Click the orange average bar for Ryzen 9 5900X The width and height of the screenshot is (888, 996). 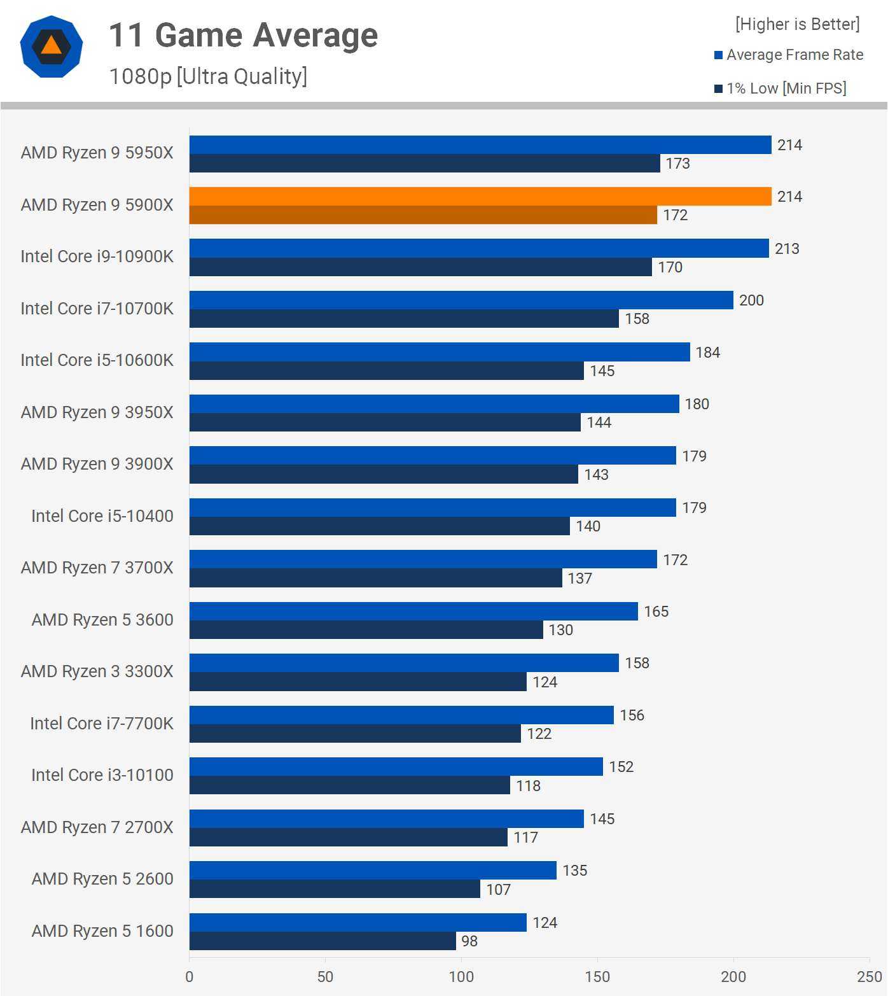[480, 197]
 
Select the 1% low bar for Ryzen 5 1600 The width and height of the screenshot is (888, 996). [323, 941]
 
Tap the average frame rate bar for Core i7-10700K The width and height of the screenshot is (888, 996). [461, 300]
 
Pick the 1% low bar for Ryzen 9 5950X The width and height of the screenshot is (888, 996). [424, 164]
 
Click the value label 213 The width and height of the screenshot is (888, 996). [787, 249]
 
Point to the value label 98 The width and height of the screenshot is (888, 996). [469, 941]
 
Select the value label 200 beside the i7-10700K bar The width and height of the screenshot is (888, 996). [751, 300]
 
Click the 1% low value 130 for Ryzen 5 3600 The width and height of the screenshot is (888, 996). [561, 630]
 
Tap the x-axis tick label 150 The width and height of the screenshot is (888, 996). [597, 977]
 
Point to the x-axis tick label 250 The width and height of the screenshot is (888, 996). [869, 977]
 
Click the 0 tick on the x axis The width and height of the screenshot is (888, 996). [190, 977]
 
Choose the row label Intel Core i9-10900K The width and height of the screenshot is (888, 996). [97, 256]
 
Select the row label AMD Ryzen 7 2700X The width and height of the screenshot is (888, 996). [97, 827]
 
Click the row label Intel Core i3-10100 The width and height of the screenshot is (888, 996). [102, 775]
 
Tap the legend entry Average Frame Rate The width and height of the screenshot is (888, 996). [794, 55]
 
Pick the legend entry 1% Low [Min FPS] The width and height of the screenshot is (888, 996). [786, 88]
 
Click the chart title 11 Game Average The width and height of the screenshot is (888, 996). [244, 36]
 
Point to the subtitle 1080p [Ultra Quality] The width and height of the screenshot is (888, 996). [208, 76]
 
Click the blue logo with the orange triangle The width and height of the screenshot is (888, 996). [52, 47]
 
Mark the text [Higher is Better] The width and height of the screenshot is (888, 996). [797, 24]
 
